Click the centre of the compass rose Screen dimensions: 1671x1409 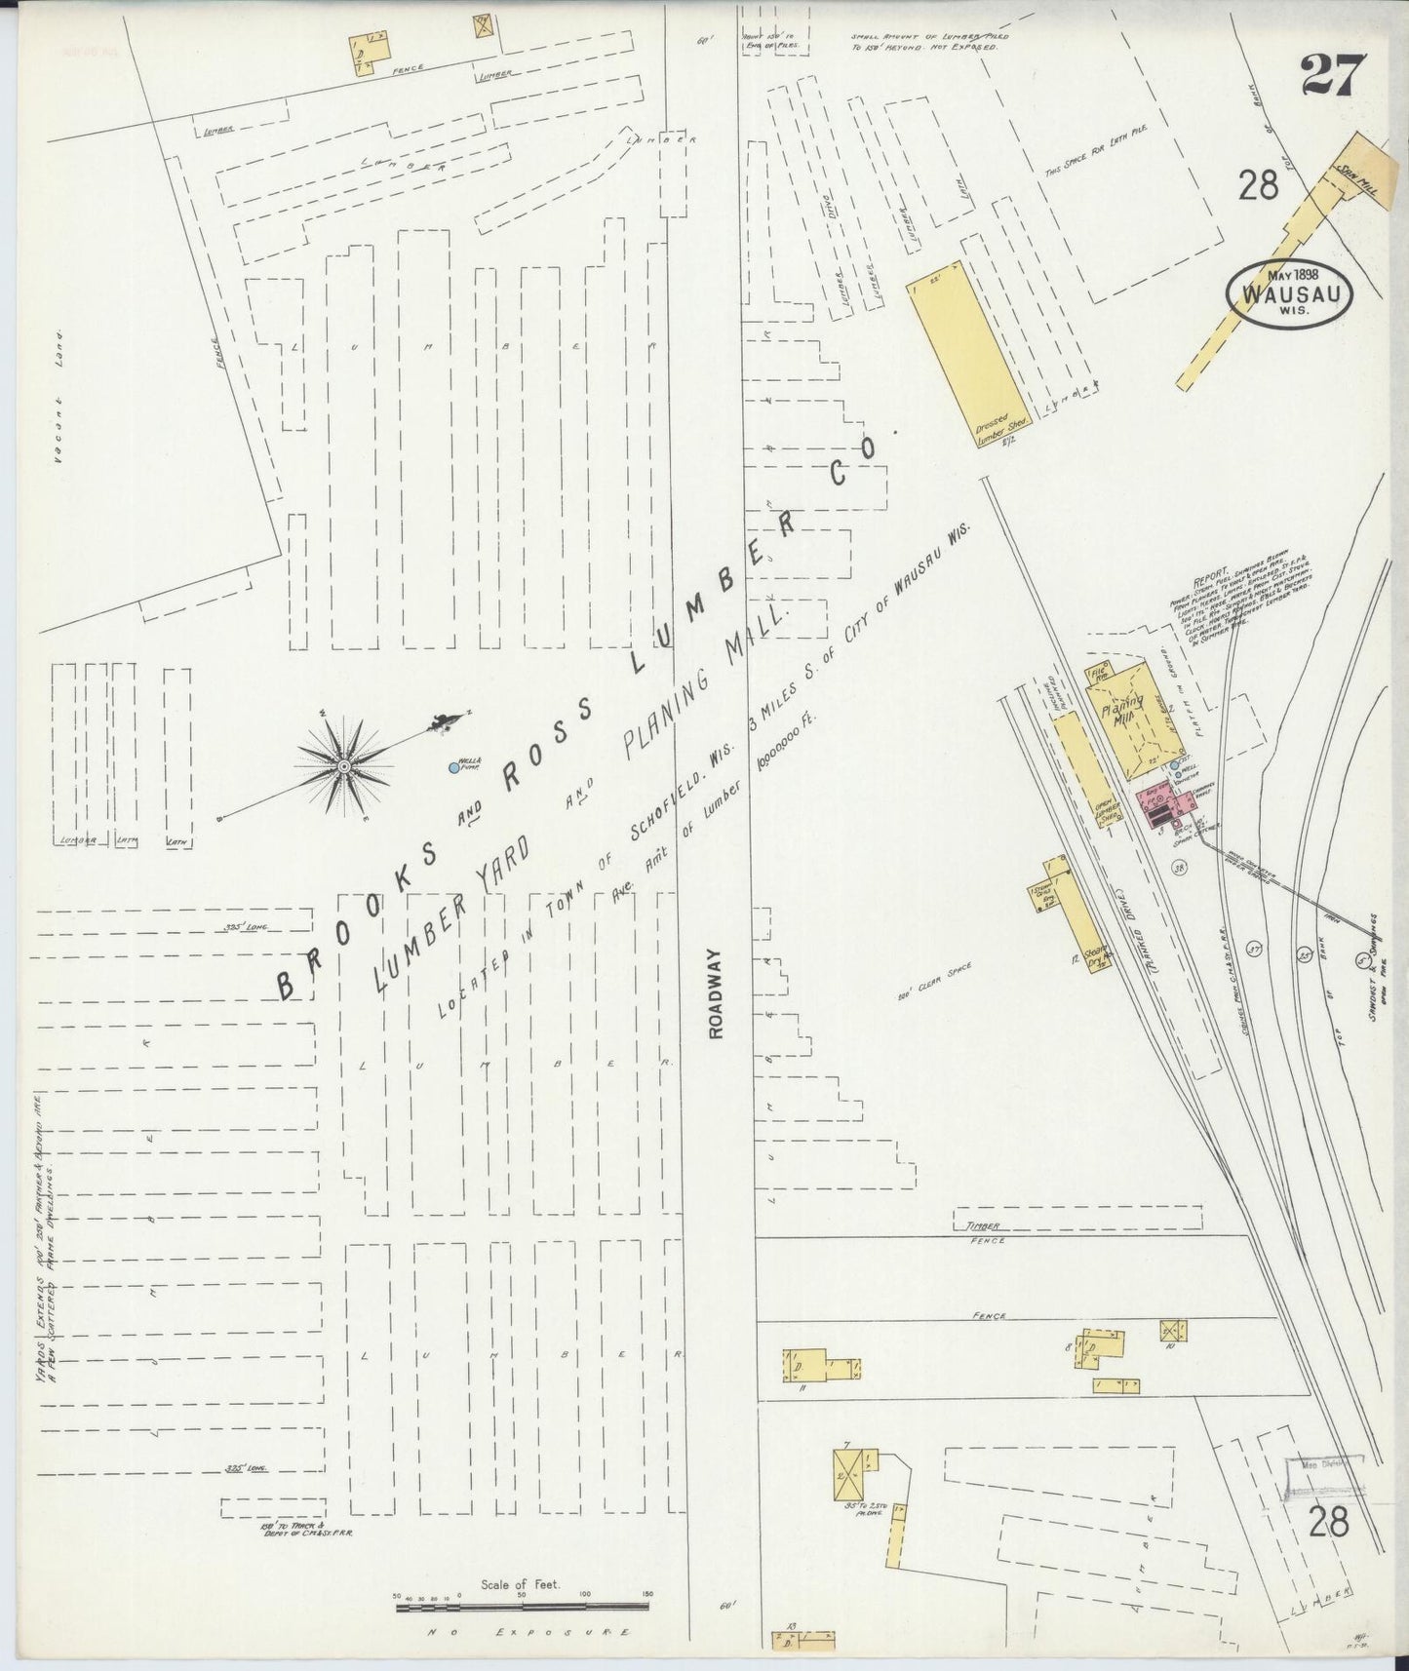344,766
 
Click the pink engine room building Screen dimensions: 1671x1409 1165,805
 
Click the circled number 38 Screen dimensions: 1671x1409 1180,868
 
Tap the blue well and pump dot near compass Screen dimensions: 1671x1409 453,768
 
